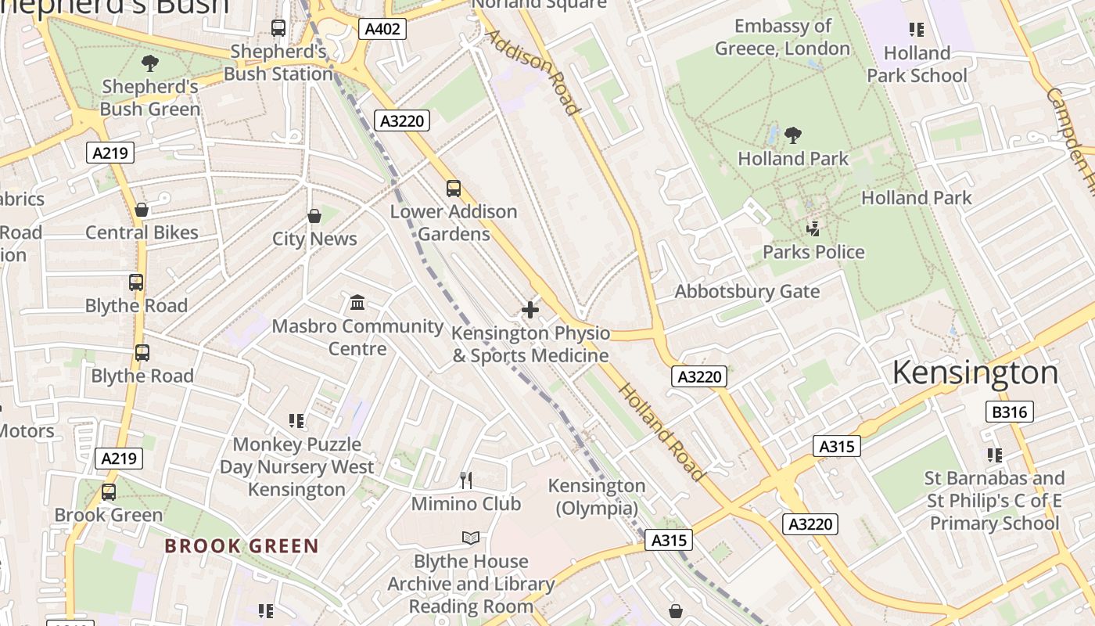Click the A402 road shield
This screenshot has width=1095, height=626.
[383, 30]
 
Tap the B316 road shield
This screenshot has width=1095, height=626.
[1009, 412]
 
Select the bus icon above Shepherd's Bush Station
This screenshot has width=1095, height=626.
[278, 28]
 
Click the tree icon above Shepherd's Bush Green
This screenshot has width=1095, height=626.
[149, 63]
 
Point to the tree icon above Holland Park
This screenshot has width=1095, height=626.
[793, 135]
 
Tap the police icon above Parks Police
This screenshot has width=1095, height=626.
[813, 228]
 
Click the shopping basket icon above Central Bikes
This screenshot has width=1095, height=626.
[142, 210]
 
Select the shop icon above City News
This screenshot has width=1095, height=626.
[314, 216]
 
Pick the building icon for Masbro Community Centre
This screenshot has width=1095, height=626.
[357, 303]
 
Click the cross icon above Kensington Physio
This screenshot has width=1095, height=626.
[530, 310]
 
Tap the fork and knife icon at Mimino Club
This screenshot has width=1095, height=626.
[466, 480]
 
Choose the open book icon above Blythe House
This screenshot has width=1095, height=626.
[470, 538]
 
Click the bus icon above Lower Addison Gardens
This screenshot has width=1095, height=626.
[454, 189]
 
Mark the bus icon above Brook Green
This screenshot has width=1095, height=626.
[109, 492]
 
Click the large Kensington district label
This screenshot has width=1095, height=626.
[975, 372]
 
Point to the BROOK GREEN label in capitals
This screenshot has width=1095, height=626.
[242, 546]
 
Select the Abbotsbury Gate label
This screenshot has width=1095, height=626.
[747, 292]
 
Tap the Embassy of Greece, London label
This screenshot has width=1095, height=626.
[782, 37]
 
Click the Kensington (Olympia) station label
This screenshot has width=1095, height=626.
[597, 497]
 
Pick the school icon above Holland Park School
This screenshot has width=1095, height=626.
[916, 30]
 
